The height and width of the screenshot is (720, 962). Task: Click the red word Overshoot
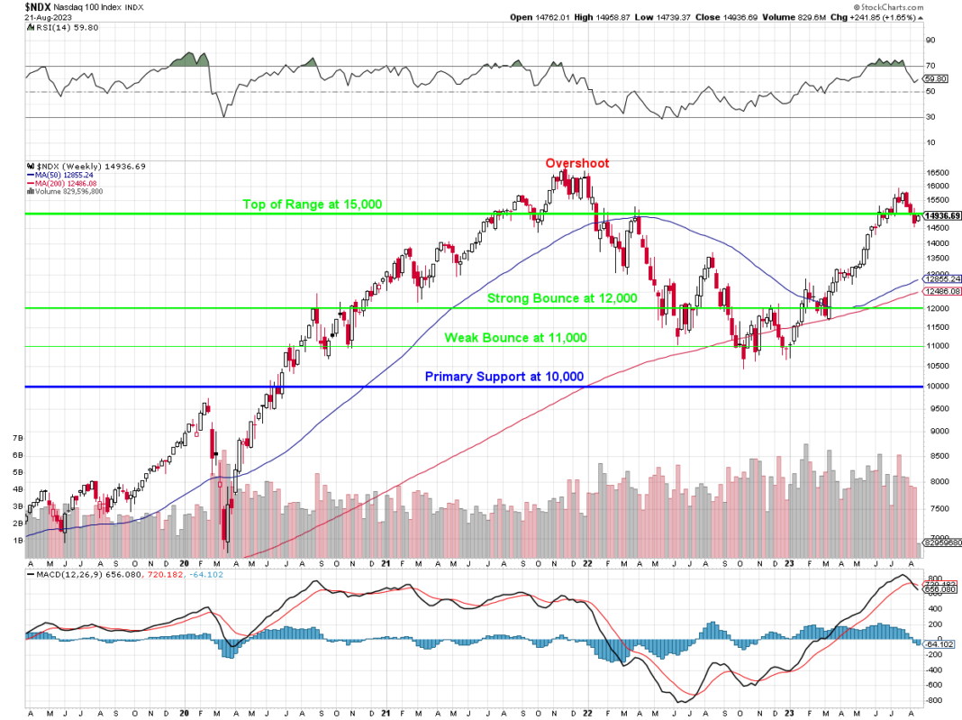[576, 163]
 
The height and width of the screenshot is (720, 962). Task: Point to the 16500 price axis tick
[937, 172]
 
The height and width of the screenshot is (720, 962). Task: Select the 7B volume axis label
[16, 437]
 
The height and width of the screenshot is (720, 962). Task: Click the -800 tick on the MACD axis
[933, 699]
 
